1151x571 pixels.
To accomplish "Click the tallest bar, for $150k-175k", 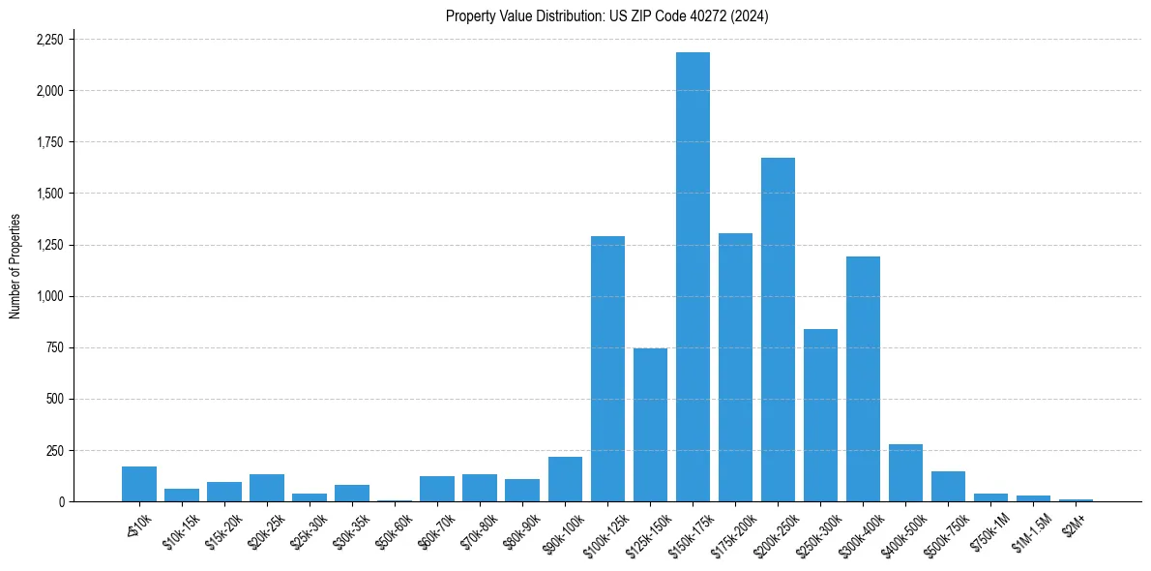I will [693, 277].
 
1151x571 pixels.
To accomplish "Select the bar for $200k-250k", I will [778, 329].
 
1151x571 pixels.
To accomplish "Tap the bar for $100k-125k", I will [607, 369].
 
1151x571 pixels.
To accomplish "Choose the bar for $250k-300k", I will [820, 415].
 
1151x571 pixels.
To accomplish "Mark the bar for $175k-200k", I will [735, 368].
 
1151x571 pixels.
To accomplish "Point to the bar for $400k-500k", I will [905, 473].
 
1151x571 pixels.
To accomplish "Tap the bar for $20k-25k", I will [267, 488].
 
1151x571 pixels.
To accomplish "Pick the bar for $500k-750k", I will [948, 487].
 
